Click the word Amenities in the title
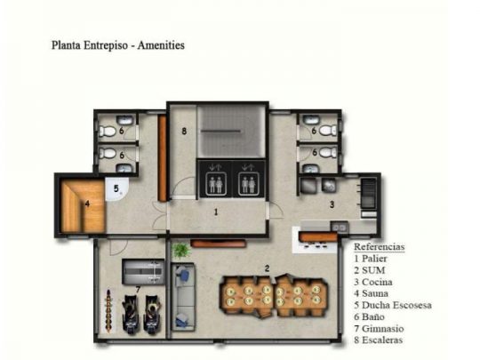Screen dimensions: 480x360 (161, 45)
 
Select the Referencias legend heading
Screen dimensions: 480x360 (380, 247)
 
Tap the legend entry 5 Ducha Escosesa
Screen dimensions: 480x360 (393, 305)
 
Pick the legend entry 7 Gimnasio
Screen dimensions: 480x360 (379, 329)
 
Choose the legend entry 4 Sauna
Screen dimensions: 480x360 (371, 293)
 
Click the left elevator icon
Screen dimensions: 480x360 (215, 183)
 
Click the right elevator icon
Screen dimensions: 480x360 (249, 183)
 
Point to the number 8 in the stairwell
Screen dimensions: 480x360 (184, 131)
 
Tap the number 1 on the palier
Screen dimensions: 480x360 (216, 212)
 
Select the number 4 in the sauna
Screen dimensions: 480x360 (87, 204)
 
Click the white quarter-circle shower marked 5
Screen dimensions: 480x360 (116, 189)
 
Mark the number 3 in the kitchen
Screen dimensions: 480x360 (332, 204)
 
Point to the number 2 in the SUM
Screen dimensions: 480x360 (267, 268)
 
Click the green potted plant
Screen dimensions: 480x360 (180, 250)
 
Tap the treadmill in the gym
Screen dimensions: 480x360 (143, 271)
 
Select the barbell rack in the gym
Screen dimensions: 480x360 (108, 311)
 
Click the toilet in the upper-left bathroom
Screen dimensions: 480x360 (107, 132)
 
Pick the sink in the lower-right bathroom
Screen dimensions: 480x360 (311, 169)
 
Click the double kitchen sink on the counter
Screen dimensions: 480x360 (340, 228)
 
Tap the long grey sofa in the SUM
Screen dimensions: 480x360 (183, 297)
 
